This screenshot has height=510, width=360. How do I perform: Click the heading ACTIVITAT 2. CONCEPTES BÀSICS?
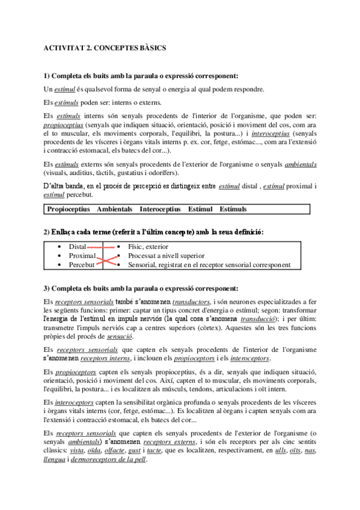[x=105, y=46]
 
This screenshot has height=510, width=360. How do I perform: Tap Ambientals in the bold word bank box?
[x=114, y=209]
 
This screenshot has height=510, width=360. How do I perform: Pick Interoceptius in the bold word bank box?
[x=159, y=209]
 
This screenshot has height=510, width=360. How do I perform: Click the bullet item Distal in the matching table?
[x=77, y=247]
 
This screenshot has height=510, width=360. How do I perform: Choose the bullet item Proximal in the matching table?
[x=82, y=256]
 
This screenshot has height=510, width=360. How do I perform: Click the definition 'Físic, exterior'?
[x=148, y=247]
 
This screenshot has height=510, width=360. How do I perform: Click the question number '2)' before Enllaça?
[x=47, y=232]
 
